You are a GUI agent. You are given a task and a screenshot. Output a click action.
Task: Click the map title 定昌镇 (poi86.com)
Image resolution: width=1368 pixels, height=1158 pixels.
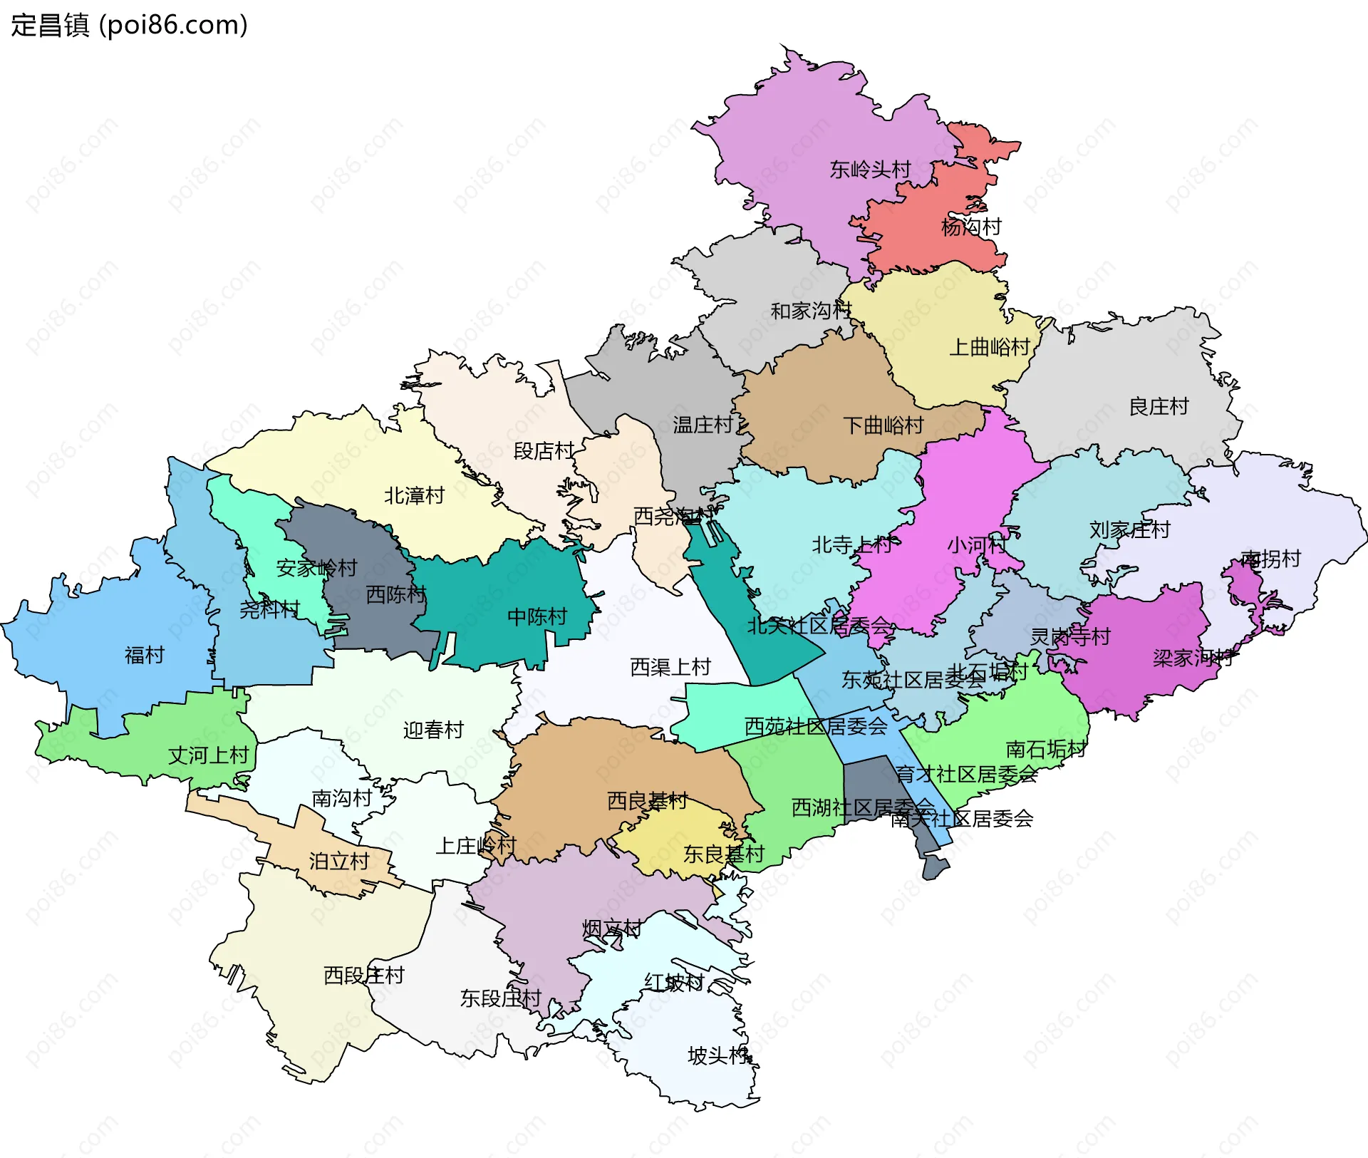[x=129, y=25]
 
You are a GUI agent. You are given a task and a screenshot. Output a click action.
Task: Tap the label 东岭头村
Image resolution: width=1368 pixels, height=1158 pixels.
[x=870, y=170]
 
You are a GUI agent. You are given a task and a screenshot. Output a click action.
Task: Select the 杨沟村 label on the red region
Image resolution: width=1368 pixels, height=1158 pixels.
[x=971, y=227]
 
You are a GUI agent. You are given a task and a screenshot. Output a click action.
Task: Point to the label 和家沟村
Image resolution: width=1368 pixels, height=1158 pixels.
[x=811, y=311]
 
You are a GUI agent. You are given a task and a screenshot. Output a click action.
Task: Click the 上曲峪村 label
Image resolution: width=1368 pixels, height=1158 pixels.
[x=990, y=347]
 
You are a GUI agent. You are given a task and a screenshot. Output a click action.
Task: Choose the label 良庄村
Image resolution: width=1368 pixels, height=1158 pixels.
[x=1159, y=406]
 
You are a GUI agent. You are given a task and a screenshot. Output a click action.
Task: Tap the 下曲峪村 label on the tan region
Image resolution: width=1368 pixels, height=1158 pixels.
[x=883, y=425]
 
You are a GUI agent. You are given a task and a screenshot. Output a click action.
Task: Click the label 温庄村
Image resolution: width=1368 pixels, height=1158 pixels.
[x=703, y=425]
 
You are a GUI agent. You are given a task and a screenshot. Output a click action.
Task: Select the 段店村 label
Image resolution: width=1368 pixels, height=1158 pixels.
[x=544, y=451]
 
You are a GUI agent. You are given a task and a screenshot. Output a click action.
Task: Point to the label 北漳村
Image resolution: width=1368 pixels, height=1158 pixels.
[x=414, y=495]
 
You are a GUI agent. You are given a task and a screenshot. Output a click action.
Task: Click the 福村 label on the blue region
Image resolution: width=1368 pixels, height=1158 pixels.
[x=145, y=655]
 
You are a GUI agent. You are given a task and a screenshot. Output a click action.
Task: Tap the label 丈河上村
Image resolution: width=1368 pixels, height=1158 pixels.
[x=208, y=755]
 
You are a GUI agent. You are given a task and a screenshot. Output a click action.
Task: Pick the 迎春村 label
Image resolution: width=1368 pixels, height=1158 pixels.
[x=433, y=730]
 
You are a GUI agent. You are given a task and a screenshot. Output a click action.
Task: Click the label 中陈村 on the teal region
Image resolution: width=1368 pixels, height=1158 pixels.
[x=537, y=616]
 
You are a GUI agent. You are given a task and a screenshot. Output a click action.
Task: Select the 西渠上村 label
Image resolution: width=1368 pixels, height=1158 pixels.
[x=670, y=667]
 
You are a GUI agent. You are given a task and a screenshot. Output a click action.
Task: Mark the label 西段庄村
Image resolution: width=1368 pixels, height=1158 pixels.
[x=364, y=975]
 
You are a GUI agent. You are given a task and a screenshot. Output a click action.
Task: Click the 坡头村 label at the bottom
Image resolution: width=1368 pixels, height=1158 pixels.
[x=717, y=1055]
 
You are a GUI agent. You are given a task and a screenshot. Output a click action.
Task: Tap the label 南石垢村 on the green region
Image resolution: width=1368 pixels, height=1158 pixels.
[x=1046, y=749]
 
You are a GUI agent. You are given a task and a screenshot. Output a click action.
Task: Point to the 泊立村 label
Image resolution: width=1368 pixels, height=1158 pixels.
[x=339, y=862]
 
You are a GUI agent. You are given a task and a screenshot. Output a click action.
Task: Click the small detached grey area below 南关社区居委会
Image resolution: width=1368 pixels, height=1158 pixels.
[x=936, y=868]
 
